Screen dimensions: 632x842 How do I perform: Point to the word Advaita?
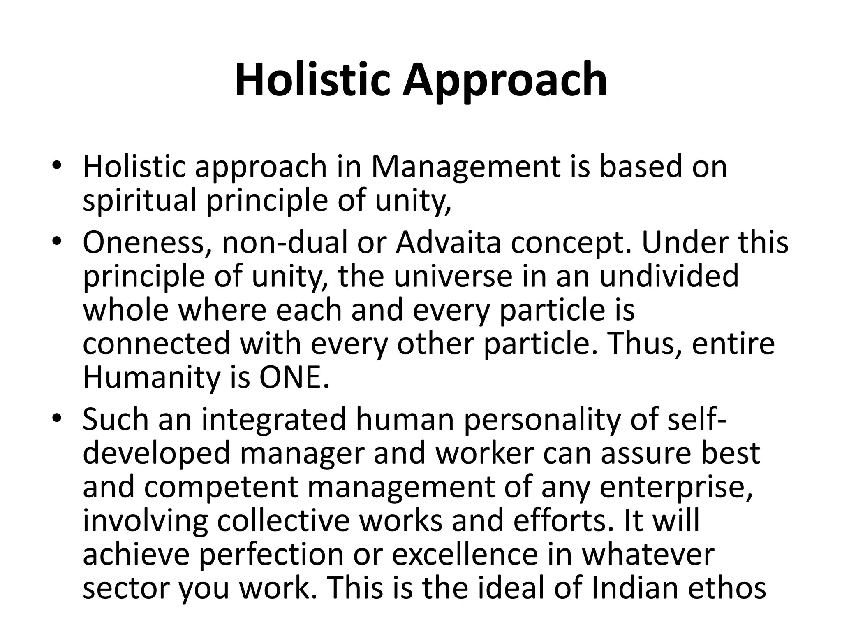448,243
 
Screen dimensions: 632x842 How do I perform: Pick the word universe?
453,276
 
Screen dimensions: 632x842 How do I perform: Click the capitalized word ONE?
294,378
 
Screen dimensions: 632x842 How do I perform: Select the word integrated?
273,420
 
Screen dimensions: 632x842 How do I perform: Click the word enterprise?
676,487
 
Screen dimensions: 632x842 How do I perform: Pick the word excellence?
465,555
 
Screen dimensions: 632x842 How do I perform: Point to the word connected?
156,344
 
